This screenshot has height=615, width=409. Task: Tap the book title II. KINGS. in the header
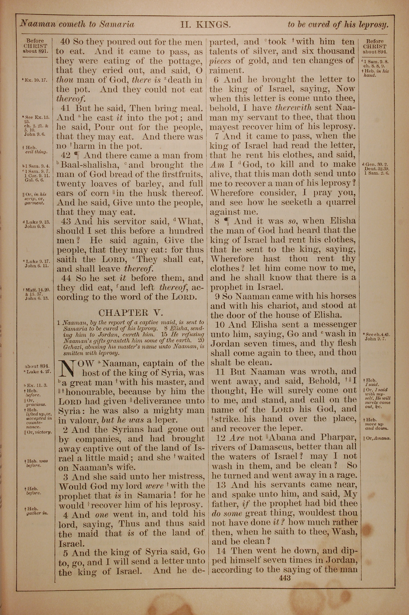pos(205,25)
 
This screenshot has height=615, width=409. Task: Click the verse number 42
pos(65,156)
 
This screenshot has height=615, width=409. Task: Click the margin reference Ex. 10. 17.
pos(35,80)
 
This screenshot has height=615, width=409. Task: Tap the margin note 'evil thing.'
pos(38,152)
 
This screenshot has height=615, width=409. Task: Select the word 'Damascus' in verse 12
pos(270,447)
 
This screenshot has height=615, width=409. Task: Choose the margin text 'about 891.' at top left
pos(35,51)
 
